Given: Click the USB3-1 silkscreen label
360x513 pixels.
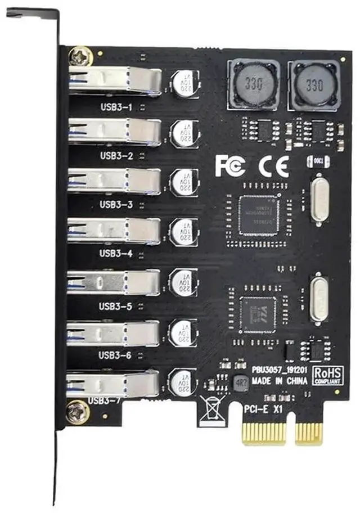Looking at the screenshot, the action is [115, 106].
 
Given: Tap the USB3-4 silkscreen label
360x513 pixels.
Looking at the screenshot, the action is [115, 253].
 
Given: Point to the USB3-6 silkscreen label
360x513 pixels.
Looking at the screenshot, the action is [115, 355].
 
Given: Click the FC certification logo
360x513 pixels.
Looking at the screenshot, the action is [229, 166].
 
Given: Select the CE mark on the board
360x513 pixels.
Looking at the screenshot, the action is [273, 166].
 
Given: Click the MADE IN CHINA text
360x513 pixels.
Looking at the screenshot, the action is [280, 381].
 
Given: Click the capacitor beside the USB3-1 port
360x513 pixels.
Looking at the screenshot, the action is [184, 83].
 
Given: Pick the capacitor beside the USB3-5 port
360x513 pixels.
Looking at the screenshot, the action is [183, 282].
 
